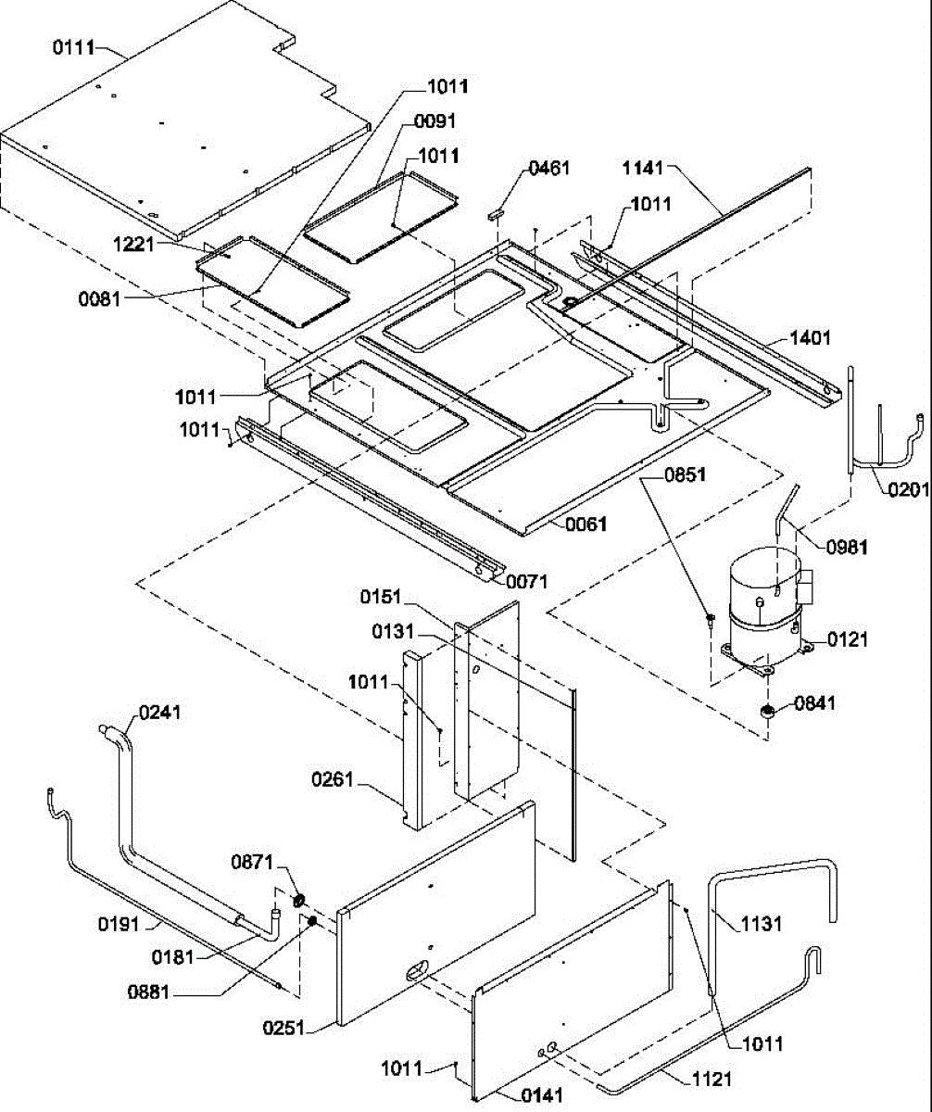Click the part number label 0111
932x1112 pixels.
point(73,48)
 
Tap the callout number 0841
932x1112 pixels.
point(815,703)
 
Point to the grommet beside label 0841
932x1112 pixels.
point(767,712)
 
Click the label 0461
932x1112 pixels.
point(549,169)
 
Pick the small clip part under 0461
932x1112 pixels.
point(496,215)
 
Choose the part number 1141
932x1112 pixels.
point(643,169)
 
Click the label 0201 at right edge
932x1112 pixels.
point(909,489)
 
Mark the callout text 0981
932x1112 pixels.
point(847,547)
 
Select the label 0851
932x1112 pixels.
point(686,474)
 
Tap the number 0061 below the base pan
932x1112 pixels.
point(586,524)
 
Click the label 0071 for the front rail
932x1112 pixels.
point(527,582)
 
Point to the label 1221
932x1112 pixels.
point(133,245)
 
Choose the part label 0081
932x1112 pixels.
point(99,298)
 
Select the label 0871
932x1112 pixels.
point(252,862)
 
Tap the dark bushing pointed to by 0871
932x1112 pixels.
point(298,900)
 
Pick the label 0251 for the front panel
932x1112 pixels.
point(283,1028)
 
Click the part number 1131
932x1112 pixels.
point(762,924)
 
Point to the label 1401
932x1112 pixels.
point(810,337)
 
